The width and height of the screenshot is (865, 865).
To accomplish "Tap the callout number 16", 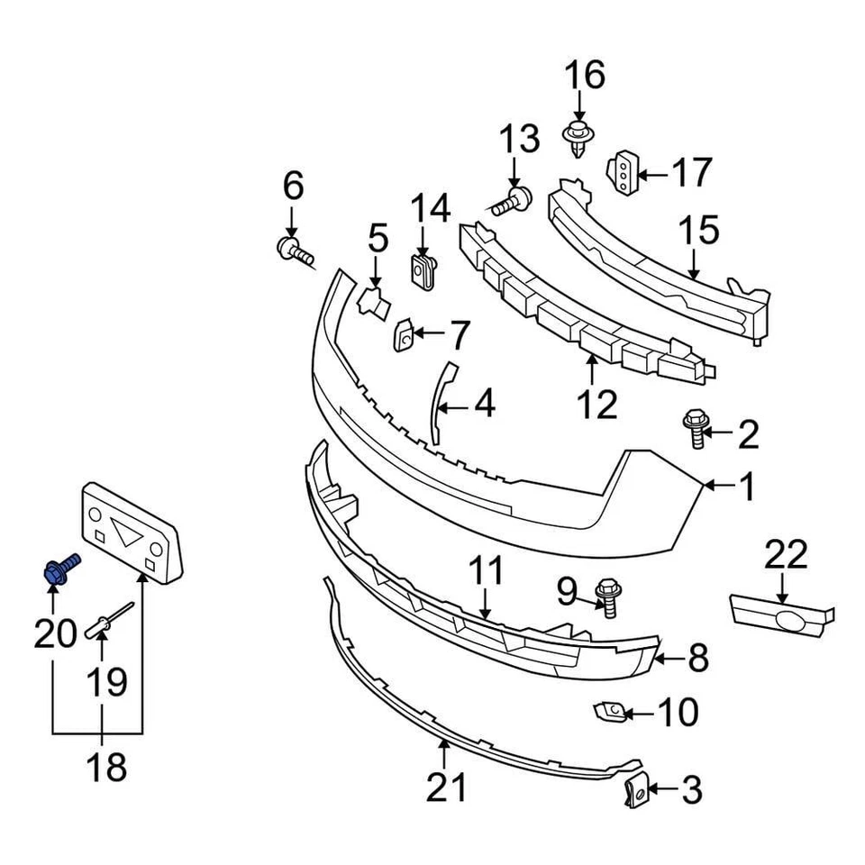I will point(586,76).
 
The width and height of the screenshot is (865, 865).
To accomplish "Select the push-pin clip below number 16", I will point(577,140).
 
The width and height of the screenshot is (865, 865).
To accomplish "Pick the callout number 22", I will point(786,554).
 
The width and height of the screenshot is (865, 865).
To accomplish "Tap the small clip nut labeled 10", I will point(608,713).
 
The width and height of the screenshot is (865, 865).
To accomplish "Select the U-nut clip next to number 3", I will point(635,792).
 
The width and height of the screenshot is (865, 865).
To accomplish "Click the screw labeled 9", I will point(607,597).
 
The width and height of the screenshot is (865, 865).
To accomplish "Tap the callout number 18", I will point(106,769).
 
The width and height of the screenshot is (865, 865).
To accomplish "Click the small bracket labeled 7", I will point(404,335).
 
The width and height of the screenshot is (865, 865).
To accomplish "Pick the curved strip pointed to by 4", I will point(442,401).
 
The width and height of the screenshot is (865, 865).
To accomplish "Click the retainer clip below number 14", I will point(423,269).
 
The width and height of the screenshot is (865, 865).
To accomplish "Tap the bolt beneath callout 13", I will point(512,202).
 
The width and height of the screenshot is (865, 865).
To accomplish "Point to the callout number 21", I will point(447,786).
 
